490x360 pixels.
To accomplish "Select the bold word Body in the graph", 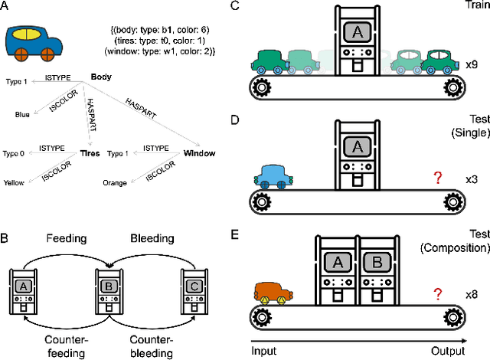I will pos(101,77).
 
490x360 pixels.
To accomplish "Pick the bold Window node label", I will pos(198,153).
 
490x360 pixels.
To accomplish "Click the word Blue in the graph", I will pos(23,115).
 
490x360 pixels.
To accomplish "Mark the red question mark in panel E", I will pos(438,293).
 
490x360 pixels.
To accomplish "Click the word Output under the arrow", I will pos(447,351).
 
